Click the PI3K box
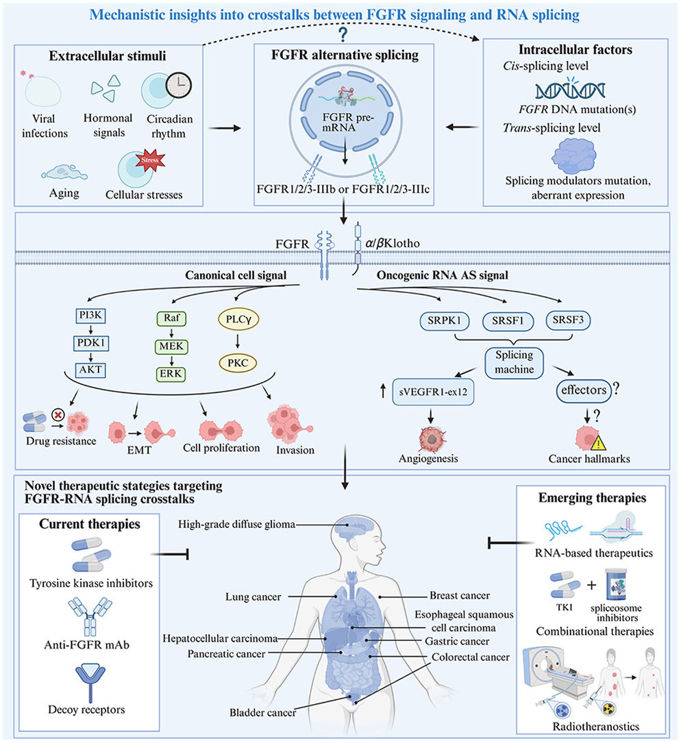pos(90,316)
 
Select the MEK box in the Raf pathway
pos(171,347)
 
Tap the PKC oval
pos(238,364)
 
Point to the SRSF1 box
pos(508,320)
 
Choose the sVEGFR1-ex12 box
pos(433,392)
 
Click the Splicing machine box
pos(514,362)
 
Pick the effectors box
pos(584,390)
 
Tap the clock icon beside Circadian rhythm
pos(179,86)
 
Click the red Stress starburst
pos(150,160)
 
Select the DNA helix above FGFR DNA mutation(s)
pos(570,90)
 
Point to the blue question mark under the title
pos(343,35)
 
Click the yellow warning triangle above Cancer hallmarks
pos(599,442)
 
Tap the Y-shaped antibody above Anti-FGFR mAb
pos(90,616)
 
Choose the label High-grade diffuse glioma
pos(236,524)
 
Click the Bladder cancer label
pos(262,712)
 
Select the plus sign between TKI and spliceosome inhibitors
pos(591,585)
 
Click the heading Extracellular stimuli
pos(107,56)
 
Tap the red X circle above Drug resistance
pos(58,416)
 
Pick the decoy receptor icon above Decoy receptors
pos(90,682)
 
